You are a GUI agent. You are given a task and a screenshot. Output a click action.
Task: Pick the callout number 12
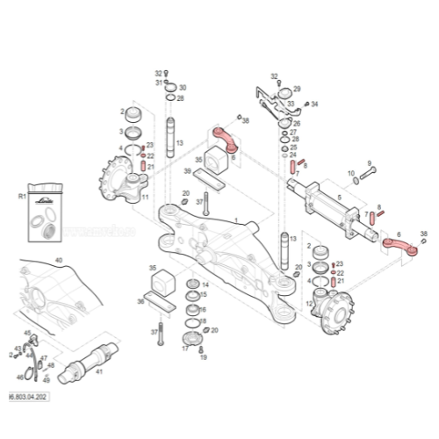point(309,304)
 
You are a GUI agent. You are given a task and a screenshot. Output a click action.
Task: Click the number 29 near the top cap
point(297,90)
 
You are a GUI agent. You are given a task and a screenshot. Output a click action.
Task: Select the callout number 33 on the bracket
point(291,104)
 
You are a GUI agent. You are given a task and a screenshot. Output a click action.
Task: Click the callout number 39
point(186,171)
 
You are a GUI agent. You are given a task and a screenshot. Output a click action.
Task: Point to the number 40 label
point(59,260)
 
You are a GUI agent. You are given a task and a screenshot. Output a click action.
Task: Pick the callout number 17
point(185,348)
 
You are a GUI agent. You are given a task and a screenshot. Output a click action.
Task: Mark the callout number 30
point(183,89)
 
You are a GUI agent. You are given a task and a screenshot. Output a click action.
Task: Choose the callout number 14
point(205,285)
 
